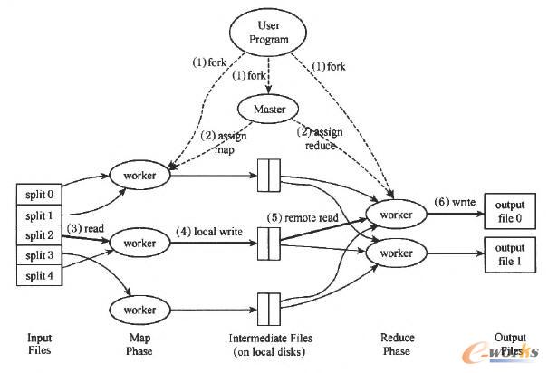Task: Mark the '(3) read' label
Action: [84, 230]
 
